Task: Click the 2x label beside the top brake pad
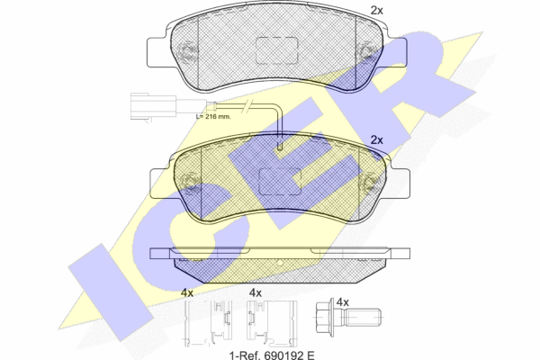coord(377,11)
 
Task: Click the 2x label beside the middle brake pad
coord(377,140)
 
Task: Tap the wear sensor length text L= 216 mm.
coord(213,116)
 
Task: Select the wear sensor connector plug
coord(154,106)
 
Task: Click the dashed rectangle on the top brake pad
coord(277,50)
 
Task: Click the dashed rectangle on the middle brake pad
coord(280,182)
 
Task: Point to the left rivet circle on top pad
coord(186,51)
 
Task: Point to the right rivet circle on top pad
coord(366,51)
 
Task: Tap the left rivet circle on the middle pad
coord(190,182)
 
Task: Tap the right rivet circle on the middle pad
coord(370,182)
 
